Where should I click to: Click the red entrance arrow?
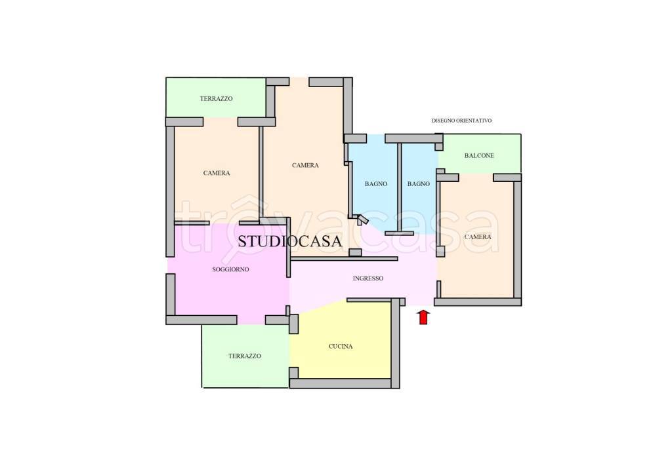[423, 317]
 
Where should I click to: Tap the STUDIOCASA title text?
[289, 241]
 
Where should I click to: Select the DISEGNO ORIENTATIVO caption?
[461, 121]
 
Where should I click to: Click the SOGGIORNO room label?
[230, 269]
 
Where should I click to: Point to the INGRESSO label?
[368, 278]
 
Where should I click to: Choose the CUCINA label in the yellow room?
[341, 347]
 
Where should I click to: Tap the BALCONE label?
[479, 156]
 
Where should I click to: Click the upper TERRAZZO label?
[217, 99]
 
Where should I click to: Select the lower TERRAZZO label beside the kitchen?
[245, 356]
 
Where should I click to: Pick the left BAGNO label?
[376, 184]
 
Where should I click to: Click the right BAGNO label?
[418, 184]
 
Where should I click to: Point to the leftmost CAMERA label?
[217, 173]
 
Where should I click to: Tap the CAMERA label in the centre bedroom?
[305, 166]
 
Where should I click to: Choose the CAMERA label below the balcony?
[478, 237]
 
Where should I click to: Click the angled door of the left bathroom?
[362, 220]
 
